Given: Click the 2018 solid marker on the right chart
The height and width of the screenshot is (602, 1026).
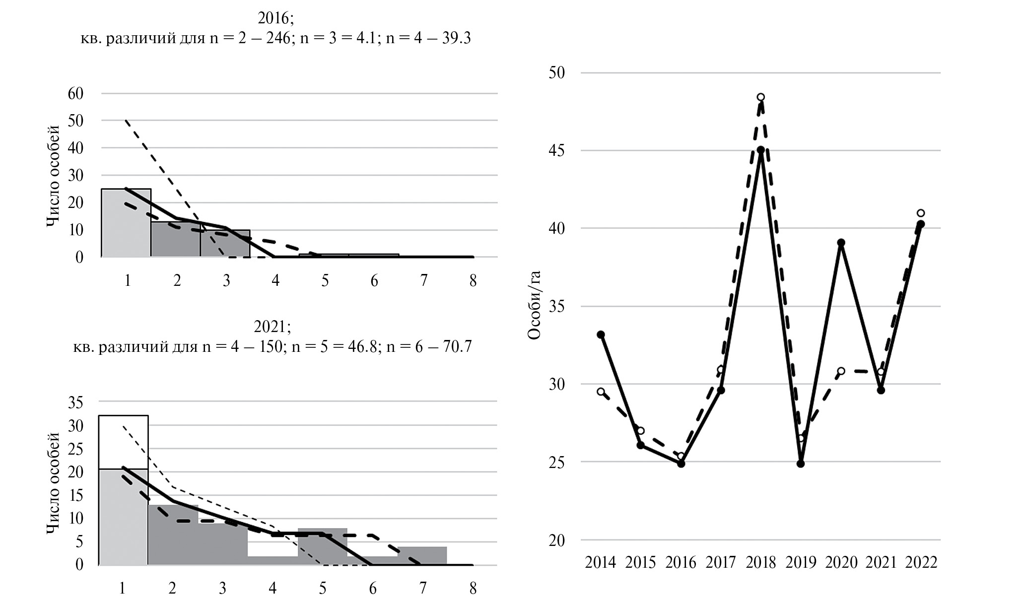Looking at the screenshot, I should pyautogui.click(x=760, y=149).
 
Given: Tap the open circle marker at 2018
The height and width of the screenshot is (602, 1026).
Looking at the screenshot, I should pyautogui.click(x=760, y=97).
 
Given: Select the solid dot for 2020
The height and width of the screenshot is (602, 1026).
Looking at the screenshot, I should pyautogui.click(x=841, y=243).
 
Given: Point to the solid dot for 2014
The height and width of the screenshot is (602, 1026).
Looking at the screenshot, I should pyautogui.click(x=601, y=334).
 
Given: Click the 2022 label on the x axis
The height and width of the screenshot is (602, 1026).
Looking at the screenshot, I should pyautogui.click(x=921, y=562).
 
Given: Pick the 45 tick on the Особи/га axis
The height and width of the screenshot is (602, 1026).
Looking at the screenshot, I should pyautogui.click(x=557, y=150).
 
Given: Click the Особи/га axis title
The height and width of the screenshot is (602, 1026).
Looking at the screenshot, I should pyautogui.click(x=534, y=305).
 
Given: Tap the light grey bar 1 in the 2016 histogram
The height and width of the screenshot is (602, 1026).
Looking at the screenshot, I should pyautogui.click(x=126, y=223).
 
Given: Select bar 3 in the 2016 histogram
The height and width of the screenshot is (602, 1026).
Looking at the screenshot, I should pyautogui.click(x=225, y=243).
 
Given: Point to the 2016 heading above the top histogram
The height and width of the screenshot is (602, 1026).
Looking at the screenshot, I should pyautogui.click(x=275, y=18).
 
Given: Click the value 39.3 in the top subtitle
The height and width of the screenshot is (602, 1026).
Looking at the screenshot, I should pyautogui.click(x=456, y=38).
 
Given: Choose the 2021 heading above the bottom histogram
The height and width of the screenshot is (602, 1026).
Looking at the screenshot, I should pyautogui.click(x=272, y=327).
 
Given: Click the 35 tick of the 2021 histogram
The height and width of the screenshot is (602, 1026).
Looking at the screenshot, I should pyautogui.click(x=75, y=402).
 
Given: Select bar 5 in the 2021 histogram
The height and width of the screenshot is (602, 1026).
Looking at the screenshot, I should pyautogui.click(x=322, y=546).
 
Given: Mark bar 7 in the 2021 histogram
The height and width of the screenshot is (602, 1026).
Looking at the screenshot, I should pyautogui.click(x=422, y=555).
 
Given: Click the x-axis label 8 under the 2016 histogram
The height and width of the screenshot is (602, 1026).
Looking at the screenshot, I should pyautogui.click(x=473, y=281).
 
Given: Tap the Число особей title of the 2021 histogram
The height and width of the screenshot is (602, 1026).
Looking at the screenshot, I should pyautogui.click(x=54, y=483).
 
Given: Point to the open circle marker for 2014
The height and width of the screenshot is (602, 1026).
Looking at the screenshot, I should pyautogui.click(x=601, y=392).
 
